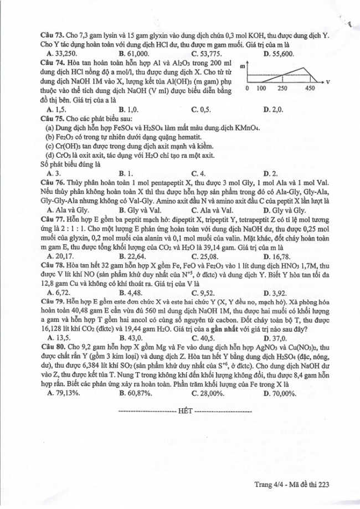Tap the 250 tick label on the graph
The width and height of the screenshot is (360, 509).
click(x=282, y=89)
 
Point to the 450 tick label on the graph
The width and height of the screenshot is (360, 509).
click(x=310, y=89)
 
